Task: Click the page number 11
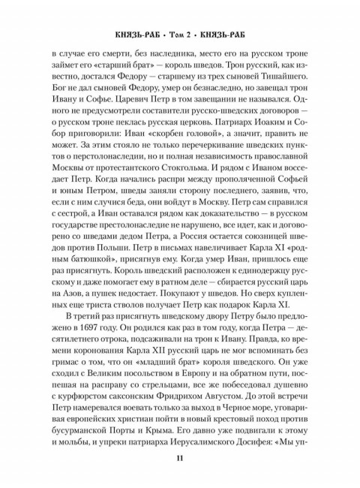pos(180,460)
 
